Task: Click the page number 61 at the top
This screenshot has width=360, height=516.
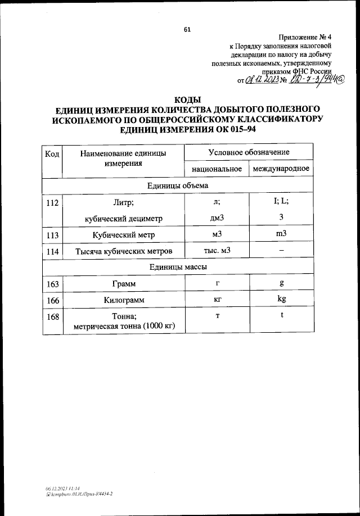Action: point(187,30)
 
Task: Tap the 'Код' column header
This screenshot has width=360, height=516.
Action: point(52,153)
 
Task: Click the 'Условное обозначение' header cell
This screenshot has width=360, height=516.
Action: point(249,152)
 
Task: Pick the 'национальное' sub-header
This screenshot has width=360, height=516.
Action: point(217,169)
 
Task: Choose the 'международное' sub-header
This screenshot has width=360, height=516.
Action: point(281,169)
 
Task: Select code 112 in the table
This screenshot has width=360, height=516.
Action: point(53,203)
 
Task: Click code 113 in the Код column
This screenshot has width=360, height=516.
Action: point(53,235)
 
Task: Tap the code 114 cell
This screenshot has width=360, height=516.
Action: point(53,251)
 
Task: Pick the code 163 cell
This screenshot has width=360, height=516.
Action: point(53,284)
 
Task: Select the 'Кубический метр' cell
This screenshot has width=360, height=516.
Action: point(123,235)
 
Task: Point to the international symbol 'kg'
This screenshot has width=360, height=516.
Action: point(282,299)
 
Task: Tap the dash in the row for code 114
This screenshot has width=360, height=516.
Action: point(282,251)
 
